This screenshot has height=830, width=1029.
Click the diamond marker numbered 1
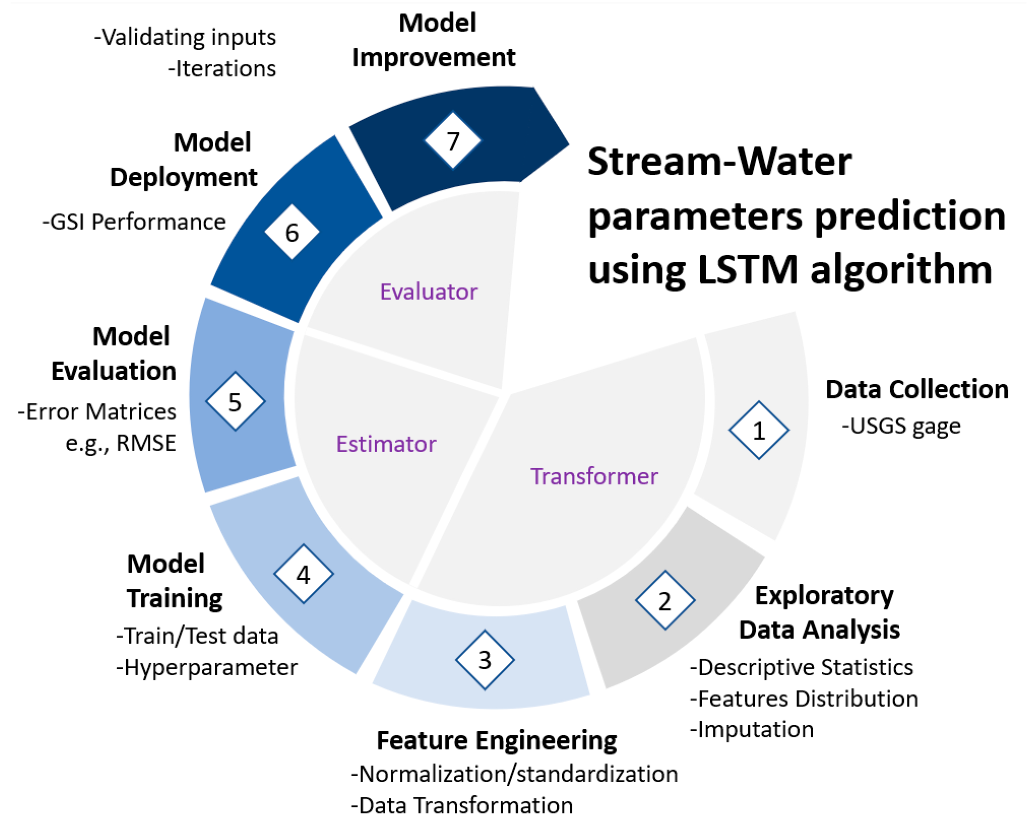pyautogui.click(x=758, y=430)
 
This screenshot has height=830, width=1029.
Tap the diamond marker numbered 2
pyautogui.click(x=665, y=600)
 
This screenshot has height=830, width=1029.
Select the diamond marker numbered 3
pyautogui.click(x=484, y=660)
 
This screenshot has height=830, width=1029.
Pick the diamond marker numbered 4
pyautogui.click(x=303, y=574)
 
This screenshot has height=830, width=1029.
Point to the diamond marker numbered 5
pyautogui.click(x=235, y=401)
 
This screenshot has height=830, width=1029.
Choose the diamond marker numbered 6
pyautogui.click(x=292, y=232)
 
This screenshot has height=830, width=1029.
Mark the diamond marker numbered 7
pyautogui.click(x=453, y=140)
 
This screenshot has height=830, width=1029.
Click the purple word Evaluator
pyautogui.click(x=428, y=292)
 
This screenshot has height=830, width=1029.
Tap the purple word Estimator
pyautogui.click(x=386, y=444)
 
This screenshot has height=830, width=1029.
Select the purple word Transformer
pyautogui.click(x=594, y=476)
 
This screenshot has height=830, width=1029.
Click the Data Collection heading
pyautogui.click(x=917, y=389)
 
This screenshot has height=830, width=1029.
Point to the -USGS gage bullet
pyautogui.click(x=901, y=426)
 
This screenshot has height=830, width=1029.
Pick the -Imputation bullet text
pyautogui.click(x=752, y=730)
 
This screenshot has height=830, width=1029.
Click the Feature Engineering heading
pyautogui.click(x=497, y=741)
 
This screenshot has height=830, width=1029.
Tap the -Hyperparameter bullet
pyautogui.click(x=207, y=668)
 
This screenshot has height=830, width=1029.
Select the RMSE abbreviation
pyautogui.click(x=146, y=443)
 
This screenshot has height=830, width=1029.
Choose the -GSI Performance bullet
pyautogui.click(x=134, y=222)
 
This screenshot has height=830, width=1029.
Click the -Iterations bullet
pyautogui.click(x=222, y=68)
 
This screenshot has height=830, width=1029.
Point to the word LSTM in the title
pyautogui.click(x=747, y=269)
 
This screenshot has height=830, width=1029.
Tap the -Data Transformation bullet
pyautogui.click(x=462, y=805)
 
